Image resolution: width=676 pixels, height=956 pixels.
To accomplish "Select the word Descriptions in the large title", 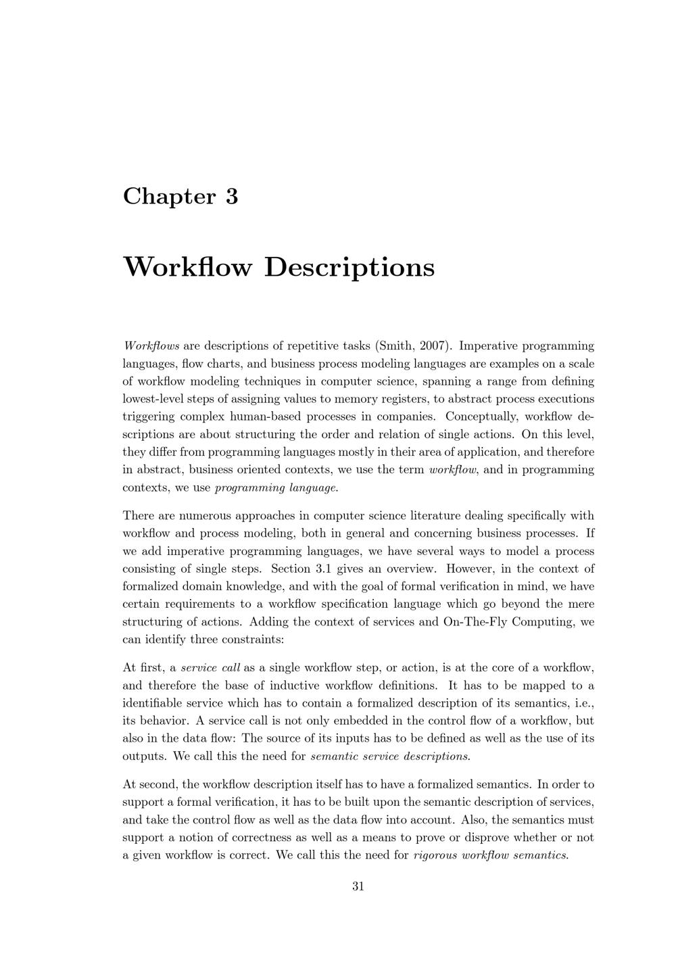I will pos(349,267).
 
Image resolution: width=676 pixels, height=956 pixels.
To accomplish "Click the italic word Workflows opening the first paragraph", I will pos(151,346).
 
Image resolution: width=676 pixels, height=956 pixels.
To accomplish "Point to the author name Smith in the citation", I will pos(395,346).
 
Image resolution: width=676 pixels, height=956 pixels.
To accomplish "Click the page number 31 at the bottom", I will pos(358,886).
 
